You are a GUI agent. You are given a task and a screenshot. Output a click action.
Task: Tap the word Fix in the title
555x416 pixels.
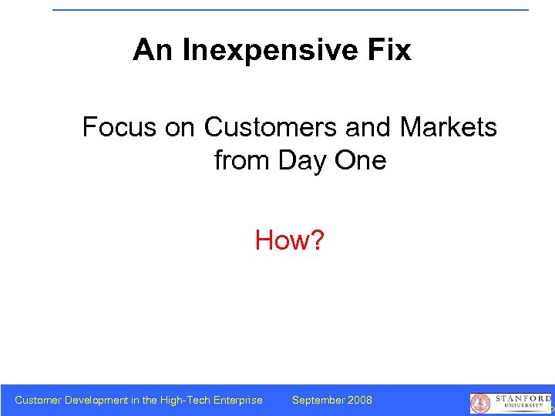(388, 51)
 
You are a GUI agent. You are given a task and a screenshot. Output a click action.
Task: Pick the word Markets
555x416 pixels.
(449, 126)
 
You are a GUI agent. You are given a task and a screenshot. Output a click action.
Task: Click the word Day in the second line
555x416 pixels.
(301, 161)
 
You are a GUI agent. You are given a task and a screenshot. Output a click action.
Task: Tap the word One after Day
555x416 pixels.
(359, 161)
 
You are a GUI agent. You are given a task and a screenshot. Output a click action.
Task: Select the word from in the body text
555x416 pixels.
(240, 161)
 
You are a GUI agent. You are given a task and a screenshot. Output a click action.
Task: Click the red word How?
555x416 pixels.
(290, 241)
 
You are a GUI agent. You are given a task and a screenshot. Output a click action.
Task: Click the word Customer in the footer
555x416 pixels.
(39, 400)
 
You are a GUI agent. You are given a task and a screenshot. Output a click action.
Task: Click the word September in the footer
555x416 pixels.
(318, 400)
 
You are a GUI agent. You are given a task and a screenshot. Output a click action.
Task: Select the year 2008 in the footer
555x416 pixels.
(359, 400)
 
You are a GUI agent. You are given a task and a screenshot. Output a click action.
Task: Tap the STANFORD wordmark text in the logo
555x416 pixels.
(522, 398)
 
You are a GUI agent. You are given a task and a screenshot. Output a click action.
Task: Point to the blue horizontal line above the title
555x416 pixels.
(291, 10)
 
